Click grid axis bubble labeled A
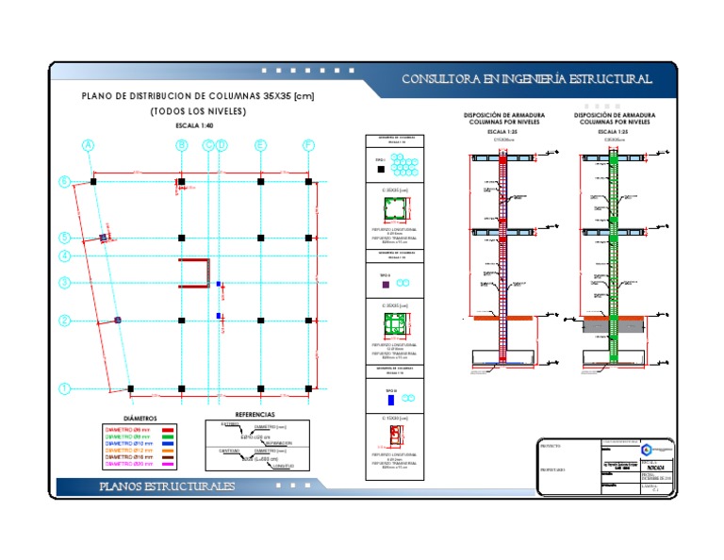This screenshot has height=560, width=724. tap(89, 145)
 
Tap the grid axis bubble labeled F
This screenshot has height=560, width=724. tap(308, 145)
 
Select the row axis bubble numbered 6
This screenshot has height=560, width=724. tap(65, 181)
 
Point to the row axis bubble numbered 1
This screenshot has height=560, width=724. tap(65, 388)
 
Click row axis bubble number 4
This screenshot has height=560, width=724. tap(65, 255)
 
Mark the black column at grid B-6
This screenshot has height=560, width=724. tap(182, 181)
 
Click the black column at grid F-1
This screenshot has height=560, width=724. tap(308, 388)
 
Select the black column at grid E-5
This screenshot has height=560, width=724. tap(260, 238)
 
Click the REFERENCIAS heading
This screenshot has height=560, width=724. tap(255, 414)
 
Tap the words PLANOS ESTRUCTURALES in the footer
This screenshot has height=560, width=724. tap(168, 486)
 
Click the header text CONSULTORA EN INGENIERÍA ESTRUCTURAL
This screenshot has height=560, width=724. tap(527, 79)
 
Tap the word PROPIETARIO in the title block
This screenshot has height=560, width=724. tap(552, 469)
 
